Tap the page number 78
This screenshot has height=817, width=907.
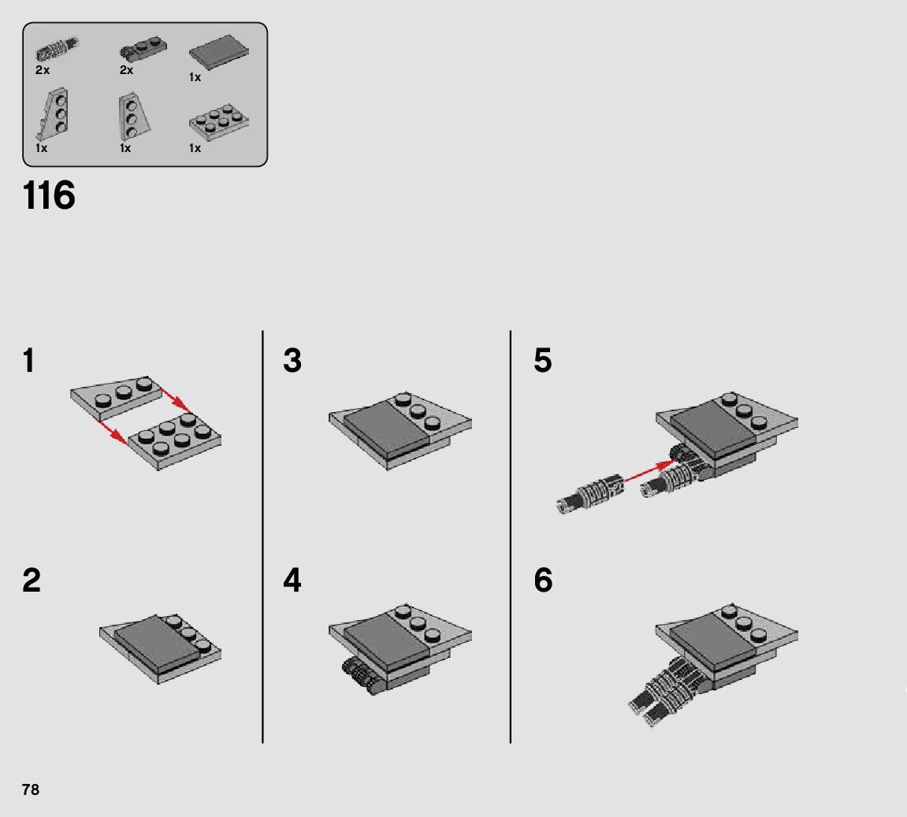click(x=31, y=790)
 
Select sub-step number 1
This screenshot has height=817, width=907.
click(x=28, y=360)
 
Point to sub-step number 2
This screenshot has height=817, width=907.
click(x=32, y=580)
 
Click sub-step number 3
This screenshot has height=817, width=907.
click(x=292, y=360)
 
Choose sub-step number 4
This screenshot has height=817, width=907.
click(x=292, y=580)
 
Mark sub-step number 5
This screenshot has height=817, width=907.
click(x=543, y=360)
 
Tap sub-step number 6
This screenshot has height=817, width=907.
click(x=543, y=580)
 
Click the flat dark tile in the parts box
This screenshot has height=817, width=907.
click(x=218, y=52)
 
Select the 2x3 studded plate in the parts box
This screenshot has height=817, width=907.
click(x=218, y=122)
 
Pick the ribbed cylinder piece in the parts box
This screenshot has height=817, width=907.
click(x=57, y=50)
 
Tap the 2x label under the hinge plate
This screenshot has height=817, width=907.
click(x=126, y=70)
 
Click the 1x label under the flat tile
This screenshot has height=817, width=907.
click(x=195, y=77)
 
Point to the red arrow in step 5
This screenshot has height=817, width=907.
click(x=649, y=471)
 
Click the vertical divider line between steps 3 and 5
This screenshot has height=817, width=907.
click(x=510, y=537)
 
